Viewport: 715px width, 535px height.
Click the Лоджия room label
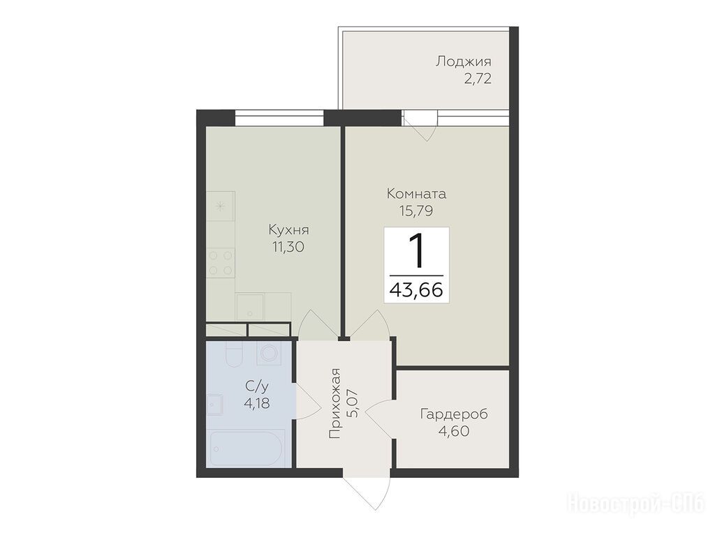pyautogui.click(x=464, y=62)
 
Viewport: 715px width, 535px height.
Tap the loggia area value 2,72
pyautogui.click(x=478, y=80)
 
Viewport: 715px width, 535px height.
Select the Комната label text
pyautogui.click(x=416, y=194)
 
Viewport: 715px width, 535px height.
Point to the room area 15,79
pyautogui.click(x=416, y=211)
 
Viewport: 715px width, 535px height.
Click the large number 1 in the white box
pyautogui.click(x=416, y=250)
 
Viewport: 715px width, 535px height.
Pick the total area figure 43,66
pyautogui.click(x=416, y=289)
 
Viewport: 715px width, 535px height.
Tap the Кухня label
pyautogui.click(x=288, y=230)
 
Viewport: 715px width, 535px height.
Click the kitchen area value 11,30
pyautogui.click(x=288, y=247)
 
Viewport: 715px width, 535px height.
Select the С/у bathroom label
pyautogui.click(x=257, y=387)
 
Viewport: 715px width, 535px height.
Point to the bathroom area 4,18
pyautogui.click(x=257, y=403)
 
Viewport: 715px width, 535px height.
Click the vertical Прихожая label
pyautogui.click(x=336, y=403)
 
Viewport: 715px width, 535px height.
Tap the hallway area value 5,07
pyautogui.click(x=353, y=403)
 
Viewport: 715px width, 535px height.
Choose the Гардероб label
pyautogui.click(x=454, y=415)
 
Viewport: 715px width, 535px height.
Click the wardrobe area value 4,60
pyautogui.click(x=454, y=431)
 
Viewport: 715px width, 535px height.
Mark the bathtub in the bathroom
pyautogui.click(x=248, y=448)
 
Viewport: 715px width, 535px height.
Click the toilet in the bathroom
pyautogui.click(x=233, y=354)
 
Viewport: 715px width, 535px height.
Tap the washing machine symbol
pyautogui.click(x=269, y=353)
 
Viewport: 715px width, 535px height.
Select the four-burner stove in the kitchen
pyautogui.click(x=220, y=263)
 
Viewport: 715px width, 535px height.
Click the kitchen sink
pyautogui.click(x=249, y=307)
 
